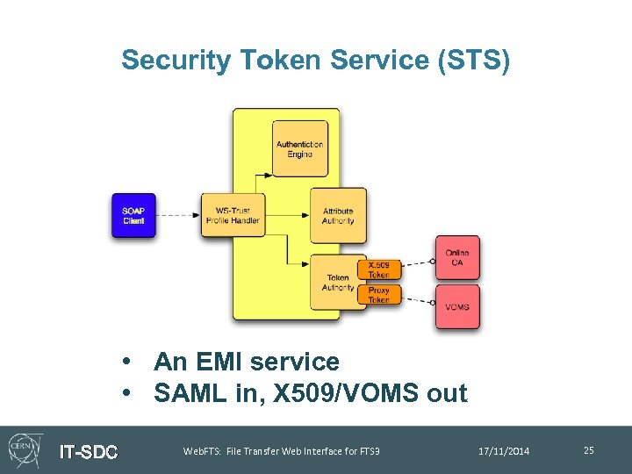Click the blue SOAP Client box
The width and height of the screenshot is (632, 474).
click(133, 216)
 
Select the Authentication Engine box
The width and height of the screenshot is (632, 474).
click(299, 149)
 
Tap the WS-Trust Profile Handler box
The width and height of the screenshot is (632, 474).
click(233, 216)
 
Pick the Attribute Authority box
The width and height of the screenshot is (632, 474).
click(338, 216)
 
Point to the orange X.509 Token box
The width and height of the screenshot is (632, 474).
click(378, 269)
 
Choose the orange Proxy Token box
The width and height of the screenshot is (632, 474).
click(378, 295)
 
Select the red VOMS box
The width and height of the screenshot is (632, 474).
click(457, 307)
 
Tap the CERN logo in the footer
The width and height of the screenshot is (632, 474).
click(25, 449)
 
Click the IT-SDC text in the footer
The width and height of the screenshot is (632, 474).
click(88, 452)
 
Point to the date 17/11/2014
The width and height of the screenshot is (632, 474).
click(504, 451)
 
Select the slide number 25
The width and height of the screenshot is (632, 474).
click(588, 450)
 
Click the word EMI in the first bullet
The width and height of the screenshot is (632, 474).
click(223, 362)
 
